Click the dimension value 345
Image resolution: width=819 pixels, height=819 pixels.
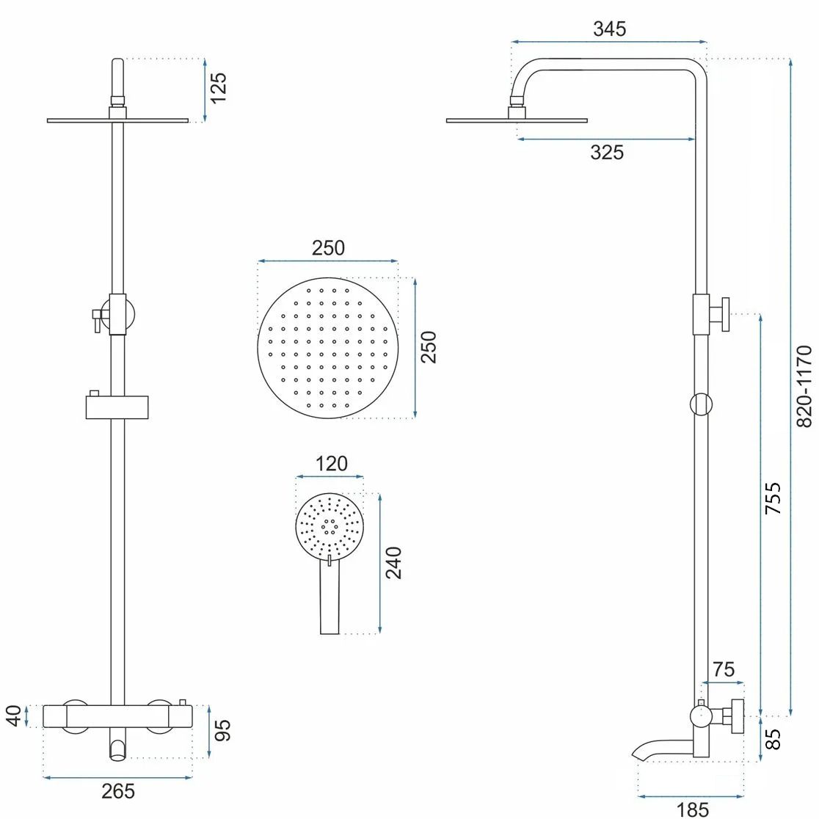coord(609,29)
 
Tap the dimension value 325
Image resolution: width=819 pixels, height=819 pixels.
coord(607,152)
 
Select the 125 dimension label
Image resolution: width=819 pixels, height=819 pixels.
coord(218,88)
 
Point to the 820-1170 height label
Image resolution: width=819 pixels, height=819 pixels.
coord(804,387)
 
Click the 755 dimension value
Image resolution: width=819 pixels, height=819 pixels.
coord(773,498)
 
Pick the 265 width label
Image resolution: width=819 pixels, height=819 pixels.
coord(118,791)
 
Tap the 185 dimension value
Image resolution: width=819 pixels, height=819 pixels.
coord(691,809)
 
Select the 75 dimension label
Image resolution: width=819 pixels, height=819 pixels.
coord(723,669)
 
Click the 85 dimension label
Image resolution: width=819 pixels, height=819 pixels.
coord(773,738)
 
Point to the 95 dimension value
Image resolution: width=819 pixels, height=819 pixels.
coord(222,731)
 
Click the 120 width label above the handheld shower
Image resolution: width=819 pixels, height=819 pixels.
coord(331,464)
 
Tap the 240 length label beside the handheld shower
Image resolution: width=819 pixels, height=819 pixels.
coord(394,562)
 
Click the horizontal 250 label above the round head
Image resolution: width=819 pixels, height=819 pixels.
coord(328,248)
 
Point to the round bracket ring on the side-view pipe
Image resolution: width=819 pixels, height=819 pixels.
coord(701,404)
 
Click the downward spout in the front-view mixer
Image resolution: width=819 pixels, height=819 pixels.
coord(117,748)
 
